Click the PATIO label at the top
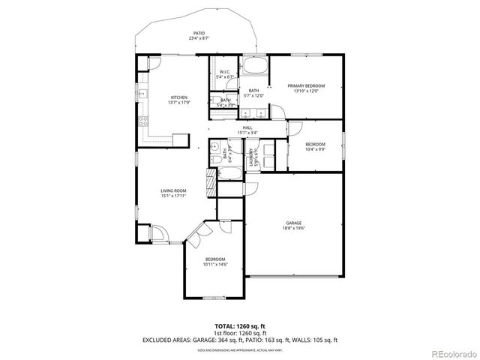click(199, 33)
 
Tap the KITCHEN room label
click(178, 97)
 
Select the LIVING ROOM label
click(173, 191)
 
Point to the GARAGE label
click(293, 223)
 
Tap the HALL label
click(247, 128)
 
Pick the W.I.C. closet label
click(225, 72)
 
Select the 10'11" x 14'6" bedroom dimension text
click(215, 264)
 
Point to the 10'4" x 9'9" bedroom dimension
click(315, 148)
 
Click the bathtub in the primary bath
click(256, 67)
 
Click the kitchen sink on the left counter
click(142, 94)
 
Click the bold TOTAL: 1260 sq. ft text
click(240, 326)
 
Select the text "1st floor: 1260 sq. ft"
click(240, 333)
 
